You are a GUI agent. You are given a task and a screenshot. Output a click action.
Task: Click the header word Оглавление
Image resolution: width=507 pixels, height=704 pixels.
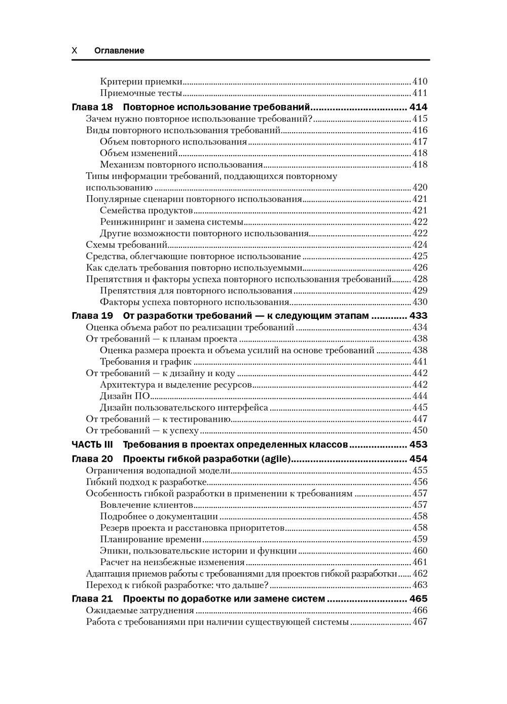pos(119,51)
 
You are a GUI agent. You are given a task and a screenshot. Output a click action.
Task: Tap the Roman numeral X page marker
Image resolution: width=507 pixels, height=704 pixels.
pos(75,51)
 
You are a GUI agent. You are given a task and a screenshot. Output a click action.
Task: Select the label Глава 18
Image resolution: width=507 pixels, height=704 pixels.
pos(93,107)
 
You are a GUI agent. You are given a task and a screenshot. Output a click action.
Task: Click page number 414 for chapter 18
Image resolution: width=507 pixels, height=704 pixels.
pos(418,107)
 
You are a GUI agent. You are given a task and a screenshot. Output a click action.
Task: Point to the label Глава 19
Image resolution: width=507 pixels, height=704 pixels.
pos(93,316)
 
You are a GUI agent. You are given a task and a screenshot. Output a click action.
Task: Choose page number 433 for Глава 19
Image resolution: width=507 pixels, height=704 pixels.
pos(418,316)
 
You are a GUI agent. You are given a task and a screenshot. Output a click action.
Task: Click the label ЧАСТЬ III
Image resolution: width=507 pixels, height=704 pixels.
pos(92,445)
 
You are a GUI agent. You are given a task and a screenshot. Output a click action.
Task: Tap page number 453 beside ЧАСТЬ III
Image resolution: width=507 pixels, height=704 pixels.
pos(418,445)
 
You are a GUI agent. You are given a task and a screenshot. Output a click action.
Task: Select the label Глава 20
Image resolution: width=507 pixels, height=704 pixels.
pos(93,459)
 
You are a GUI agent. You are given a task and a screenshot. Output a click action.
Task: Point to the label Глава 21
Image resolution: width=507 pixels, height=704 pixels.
pos(93,599)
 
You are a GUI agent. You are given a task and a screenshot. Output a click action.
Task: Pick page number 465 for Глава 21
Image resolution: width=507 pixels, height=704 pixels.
pos(418,599)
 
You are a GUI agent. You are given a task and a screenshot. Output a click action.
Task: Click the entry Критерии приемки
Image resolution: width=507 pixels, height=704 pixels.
pos(141,81)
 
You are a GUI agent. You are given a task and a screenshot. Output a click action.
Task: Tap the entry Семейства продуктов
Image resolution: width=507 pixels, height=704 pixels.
pos(146,210)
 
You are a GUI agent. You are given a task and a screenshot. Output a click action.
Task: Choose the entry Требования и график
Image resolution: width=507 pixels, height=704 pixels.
pos(146,361)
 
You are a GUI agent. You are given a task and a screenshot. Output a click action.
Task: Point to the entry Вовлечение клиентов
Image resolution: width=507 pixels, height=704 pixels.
pos(146,505)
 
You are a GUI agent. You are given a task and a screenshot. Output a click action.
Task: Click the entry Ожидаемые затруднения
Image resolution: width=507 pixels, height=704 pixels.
pos(140,611)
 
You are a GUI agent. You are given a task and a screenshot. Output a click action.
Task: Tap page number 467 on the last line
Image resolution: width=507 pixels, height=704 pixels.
pos(420,622)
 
